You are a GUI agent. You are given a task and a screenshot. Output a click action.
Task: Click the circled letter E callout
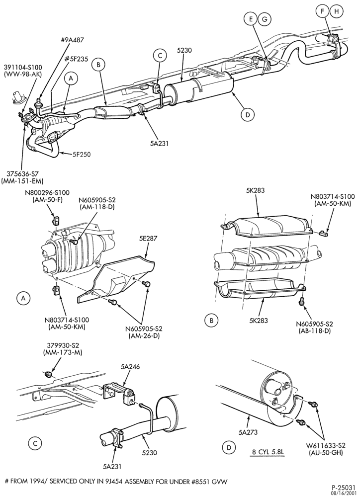251,19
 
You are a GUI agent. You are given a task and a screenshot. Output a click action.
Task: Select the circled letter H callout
336,11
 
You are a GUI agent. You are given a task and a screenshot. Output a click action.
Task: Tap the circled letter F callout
323,11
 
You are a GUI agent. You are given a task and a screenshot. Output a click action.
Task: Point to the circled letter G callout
264,19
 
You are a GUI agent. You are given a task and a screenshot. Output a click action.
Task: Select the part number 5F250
81,155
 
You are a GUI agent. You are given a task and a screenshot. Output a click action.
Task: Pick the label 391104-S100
23,67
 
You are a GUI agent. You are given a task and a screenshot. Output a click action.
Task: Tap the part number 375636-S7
22,173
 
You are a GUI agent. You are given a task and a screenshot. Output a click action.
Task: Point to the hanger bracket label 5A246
130,367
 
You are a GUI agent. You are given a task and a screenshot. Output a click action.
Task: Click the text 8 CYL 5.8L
267,452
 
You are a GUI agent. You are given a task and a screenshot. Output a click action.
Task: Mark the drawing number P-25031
344,488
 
